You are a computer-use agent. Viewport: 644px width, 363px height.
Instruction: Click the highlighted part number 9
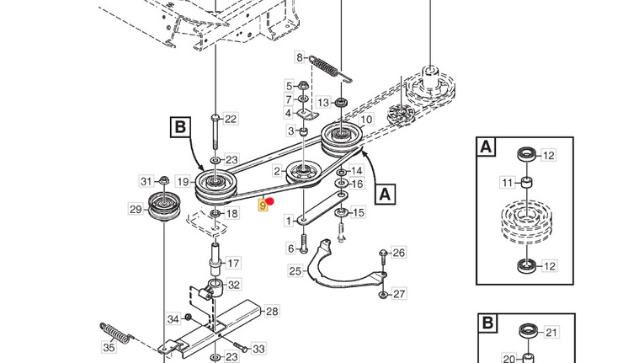pyautogui.click(x=263, y=206)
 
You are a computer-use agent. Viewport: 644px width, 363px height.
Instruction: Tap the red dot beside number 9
pyautogui.click(x=270, y=201)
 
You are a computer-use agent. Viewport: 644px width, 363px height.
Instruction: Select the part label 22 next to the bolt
pyautogui.click(x=231, y=120)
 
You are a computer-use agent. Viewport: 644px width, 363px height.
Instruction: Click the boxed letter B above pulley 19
pyautogui.click(x=180, y=126)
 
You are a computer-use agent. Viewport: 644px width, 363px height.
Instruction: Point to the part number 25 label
pyautogui.click(x=295, y=271)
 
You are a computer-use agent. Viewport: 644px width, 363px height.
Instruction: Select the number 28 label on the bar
pyautogui.click(x=272, y=311)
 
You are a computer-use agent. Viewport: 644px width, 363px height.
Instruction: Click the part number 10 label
pyautogui.click(x=366, y=120)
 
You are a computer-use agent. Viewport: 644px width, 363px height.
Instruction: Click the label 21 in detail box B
pyautogui.click(x=551, y=332)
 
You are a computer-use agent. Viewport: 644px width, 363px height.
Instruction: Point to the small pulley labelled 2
pyautogui.click(x=304, y=173)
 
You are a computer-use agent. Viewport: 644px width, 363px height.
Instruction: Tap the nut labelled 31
pyautogui.click(x=163, y=180)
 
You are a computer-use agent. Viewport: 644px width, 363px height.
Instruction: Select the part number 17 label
pyautogui.click(x=233, y=263)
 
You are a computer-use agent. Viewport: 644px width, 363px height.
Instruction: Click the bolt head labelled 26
pyautogui.click(x=383, y=253)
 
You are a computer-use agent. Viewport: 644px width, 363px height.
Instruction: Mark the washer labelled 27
pyautogui.click(x=383, y=294)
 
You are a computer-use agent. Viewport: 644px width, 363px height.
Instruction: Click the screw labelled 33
pyautogui.click(x=241, y=346)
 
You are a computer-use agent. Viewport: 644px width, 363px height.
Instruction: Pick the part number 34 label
pyautogui.click(x=173, y=319)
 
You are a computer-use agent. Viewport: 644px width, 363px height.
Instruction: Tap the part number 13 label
pyautogui.click(x=323, y=103)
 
